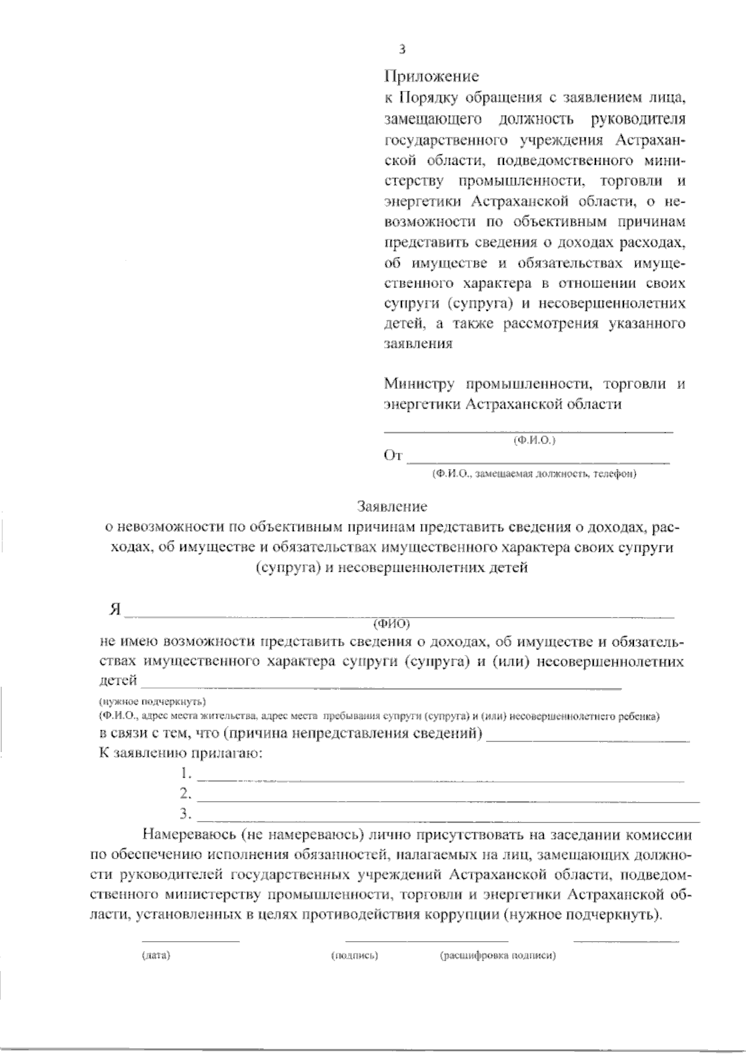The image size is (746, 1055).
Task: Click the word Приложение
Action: click(x=431, y=77)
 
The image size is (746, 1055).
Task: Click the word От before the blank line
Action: click(x=394, y=457)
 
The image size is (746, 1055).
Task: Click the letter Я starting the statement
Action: click(x=114, y=609)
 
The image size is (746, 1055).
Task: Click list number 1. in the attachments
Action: click(x=185, y=773)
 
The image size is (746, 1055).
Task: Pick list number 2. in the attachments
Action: click(x=185, y=793)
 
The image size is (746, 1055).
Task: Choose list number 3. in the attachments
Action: click(x=185, y=813)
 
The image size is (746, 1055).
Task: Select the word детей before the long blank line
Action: click(x=118, y=681)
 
